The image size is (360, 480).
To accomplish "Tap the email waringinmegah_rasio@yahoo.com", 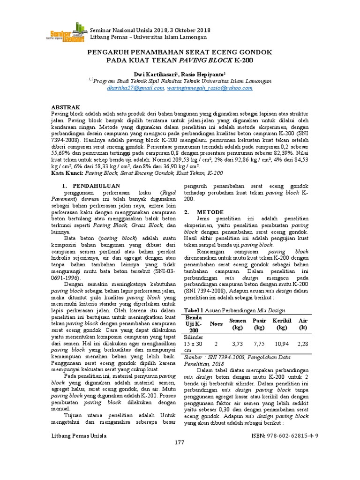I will [x=209, y=88].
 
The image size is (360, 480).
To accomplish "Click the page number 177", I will [x=180, y=442].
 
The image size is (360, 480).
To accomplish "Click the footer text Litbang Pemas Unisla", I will [x=78, y=436].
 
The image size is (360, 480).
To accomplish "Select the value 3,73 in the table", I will [x=238, y=344].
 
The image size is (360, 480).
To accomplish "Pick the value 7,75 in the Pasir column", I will [x=259, y=344].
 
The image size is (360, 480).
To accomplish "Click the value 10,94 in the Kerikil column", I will [x=282, y=344].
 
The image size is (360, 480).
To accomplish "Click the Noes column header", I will [x=216, y=323].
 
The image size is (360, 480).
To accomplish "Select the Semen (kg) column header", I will [x=238, y=323].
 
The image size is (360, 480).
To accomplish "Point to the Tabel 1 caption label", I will [x=194, y=310].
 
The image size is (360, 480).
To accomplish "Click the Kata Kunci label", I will [x=67, y=173].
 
